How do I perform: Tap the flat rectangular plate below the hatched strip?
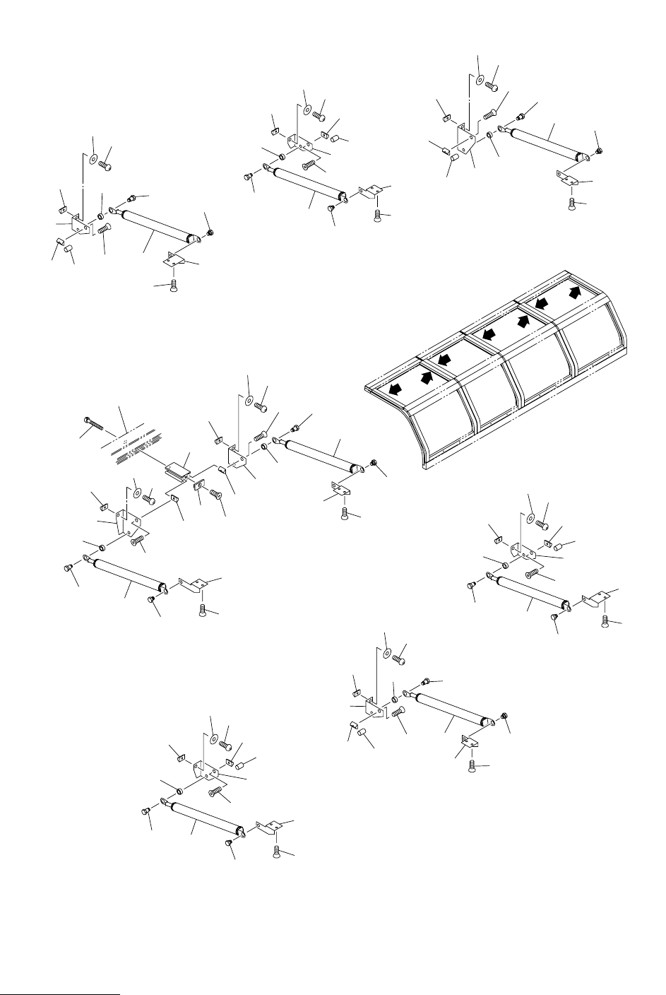click(x=179, y=467)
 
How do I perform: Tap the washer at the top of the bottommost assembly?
click(x=213, y=739)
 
